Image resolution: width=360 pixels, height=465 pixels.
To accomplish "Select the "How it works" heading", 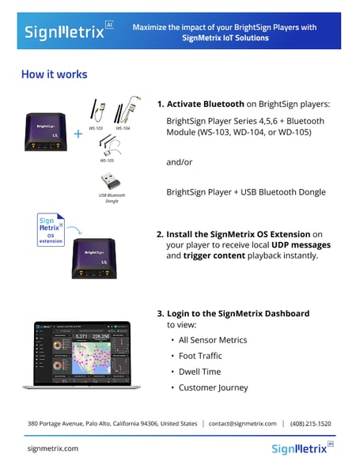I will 55,75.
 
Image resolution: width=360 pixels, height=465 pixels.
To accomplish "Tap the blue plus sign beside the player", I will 78,134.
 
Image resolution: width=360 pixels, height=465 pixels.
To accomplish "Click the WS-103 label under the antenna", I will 96,127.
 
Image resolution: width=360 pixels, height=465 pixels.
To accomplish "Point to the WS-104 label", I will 123,127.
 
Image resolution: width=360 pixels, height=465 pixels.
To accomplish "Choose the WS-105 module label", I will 107,160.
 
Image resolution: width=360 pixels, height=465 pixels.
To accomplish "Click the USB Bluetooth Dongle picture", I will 112,180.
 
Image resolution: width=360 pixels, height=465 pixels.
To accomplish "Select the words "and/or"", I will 180,162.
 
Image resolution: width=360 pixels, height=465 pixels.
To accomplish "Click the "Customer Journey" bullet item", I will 213,387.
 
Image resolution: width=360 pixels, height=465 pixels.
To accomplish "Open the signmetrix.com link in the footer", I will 53,448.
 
